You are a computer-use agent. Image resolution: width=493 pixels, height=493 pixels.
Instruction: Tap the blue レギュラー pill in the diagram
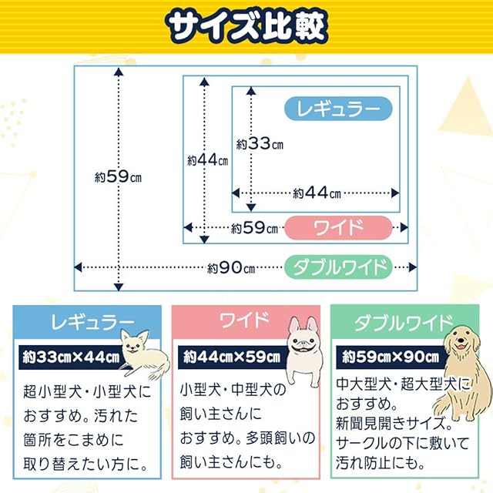(338, 109)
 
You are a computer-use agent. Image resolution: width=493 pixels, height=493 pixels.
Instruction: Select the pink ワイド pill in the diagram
(338, 227)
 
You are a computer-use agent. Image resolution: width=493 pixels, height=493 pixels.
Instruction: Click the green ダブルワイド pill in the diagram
(338, 267)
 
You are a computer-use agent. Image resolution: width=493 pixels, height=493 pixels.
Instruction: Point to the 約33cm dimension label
(260, 144)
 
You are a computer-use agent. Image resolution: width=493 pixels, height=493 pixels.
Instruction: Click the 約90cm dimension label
(231, 268)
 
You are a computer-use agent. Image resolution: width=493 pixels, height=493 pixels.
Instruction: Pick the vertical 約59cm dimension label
(118, 176)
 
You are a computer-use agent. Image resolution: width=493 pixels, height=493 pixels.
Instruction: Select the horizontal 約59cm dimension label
(254, 228)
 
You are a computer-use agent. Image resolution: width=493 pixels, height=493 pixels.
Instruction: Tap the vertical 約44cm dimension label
(207, 160)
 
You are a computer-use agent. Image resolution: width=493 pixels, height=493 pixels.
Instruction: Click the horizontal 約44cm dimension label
(317, 193)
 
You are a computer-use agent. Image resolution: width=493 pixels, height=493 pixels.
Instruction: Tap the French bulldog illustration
(304, 351)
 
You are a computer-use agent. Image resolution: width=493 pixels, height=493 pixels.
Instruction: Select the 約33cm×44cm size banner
(71, 357)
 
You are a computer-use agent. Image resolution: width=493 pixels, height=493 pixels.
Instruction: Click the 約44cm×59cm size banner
(232, 357)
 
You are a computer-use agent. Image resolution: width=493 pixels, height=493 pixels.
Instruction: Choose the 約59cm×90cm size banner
(391, 357)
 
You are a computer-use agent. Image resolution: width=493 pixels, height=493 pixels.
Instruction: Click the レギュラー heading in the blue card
(92, 322)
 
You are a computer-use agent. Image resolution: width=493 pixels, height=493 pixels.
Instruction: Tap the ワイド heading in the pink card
(245, 320)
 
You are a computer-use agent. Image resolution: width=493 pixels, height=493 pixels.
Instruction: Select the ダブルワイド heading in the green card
(404, 323)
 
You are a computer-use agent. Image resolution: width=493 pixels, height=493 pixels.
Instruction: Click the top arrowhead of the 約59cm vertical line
(119, 72)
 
